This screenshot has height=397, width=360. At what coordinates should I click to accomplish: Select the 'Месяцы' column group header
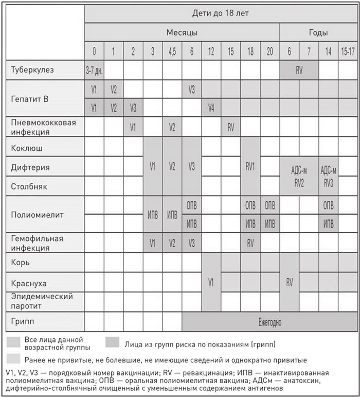(x=182, y=32)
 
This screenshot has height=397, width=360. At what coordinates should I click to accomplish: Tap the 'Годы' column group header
(x=318, y=32)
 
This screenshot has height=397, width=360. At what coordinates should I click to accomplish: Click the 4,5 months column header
(x=172, y=52)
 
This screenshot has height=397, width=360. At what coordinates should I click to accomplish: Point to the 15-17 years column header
(x=348, y=52)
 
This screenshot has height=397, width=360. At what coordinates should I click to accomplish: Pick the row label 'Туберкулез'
(x=32, y=70)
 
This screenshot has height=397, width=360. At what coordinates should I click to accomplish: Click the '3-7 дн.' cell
(x=94, y=71)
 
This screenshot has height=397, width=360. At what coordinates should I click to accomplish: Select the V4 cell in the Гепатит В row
(x=211, y=108)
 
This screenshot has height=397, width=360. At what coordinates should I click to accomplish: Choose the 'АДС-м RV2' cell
(x=299, y=176)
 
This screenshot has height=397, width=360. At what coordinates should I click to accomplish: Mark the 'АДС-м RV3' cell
(x=328, y=176)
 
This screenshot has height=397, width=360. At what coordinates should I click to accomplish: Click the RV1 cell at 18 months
(x=250, y=166)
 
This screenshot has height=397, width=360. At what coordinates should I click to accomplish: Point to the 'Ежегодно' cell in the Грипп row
(x=270, y=322)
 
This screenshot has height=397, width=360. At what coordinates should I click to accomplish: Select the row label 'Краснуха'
(x=29, y=284)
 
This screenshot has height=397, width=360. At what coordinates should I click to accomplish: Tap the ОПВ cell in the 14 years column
(x=328, y=205)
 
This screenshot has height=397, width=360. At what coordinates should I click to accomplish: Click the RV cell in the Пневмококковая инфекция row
(x=231, y=127)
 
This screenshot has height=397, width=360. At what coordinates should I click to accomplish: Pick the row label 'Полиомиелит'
(x=37, y=215)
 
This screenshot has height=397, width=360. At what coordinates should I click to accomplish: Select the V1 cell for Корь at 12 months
(x=211, y=282)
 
